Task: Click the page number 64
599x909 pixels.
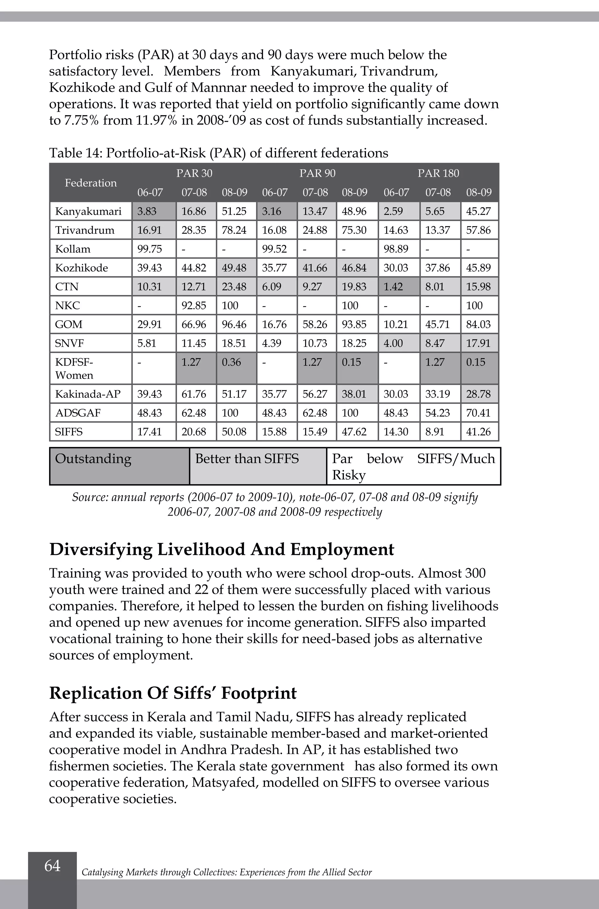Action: coord(52,865)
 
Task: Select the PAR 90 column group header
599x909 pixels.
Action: coord(317,173)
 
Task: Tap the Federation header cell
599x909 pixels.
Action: coord(91,183)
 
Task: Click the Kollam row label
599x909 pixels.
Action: coord(73,249)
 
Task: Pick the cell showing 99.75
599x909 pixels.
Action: coord(150,249)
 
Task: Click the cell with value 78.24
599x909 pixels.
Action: coord(234,230)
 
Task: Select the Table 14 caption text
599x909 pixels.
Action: coord(218,153)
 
